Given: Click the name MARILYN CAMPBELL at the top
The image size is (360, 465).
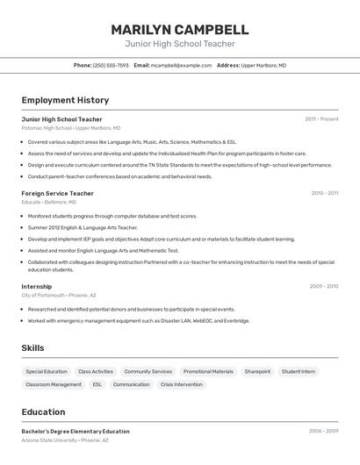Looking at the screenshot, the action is [180, 29].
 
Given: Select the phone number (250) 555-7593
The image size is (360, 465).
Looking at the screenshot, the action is [111, 65].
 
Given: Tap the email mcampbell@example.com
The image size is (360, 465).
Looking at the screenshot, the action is [181, 65].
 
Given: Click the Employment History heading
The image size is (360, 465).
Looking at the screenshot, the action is [65, 100].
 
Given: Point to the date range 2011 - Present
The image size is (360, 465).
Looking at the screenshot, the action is [321, 118].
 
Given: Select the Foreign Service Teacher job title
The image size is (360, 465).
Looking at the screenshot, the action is [57, 193].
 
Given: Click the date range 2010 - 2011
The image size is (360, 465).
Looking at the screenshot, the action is [324, 193].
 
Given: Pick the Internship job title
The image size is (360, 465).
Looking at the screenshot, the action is [37, 286].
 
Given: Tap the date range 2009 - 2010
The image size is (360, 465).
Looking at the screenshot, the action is [324, 286].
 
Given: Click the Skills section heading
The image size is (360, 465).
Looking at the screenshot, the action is [32, 348].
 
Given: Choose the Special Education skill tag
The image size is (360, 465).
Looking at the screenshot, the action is [47, 371].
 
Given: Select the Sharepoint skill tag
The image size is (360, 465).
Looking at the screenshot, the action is [257, 371].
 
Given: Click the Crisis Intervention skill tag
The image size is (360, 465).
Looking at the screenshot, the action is [182, 384].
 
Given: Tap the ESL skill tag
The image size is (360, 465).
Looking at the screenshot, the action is [97, 384].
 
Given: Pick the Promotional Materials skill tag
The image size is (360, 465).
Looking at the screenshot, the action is [208, 371].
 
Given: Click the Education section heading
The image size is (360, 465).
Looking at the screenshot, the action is [43, 411].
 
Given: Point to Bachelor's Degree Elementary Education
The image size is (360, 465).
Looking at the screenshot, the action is [76, 432].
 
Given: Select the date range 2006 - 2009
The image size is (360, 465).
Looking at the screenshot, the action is [323, 432].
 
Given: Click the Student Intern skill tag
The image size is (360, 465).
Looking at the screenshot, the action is [299, 371].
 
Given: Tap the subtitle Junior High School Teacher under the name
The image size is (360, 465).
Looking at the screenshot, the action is [180, 44].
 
